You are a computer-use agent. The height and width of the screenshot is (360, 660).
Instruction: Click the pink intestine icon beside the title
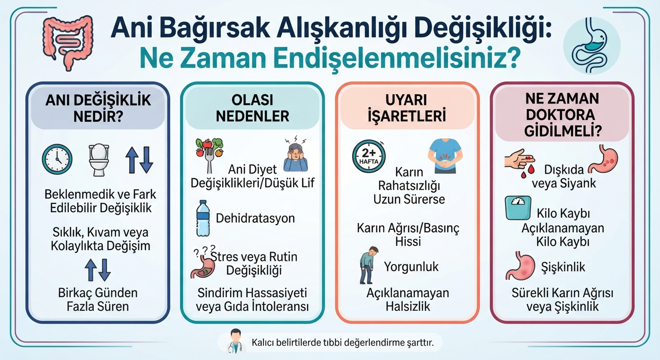pos(67,41)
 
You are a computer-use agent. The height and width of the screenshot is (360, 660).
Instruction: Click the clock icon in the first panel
pos(57,159)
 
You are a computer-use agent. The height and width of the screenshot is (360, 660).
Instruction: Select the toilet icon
pos(99,159)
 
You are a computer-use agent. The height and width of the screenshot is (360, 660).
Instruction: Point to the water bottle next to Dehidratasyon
pos(203,218)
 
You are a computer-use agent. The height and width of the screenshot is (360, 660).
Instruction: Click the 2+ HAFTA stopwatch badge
pos(369,156)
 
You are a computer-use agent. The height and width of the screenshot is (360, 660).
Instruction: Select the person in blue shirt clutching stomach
pos(445,156)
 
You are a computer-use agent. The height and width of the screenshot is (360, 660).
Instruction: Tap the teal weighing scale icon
pos(518,208)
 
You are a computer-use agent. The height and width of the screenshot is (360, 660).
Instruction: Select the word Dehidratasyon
pos(255,218)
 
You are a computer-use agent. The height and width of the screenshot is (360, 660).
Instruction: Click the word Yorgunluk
pos(411,267)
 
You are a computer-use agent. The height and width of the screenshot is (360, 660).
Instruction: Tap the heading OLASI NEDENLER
pos(253,108)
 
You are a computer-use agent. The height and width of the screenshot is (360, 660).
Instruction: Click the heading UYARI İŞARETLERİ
pos(406,108)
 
